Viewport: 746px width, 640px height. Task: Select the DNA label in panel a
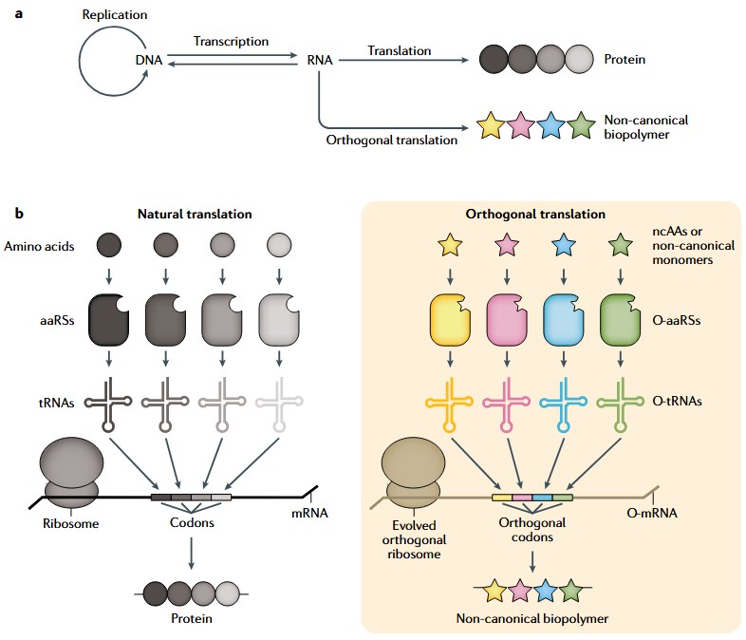click(149, 60)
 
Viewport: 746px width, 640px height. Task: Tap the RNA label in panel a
click(320, 60)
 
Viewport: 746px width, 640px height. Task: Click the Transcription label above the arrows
click(231, 42)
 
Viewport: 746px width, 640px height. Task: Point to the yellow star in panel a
click(490, 125)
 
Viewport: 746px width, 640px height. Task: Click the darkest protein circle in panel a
click(494, 60)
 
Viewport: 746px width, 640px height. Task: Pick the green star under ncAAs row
click(620, 248)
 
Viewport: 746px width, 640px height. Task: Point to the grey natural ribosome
click(71, 474)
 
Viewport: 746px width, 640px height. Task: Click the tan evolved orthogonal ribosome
click(413, 474)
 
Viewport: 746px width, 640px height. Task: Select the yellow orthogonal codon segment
click(502, 498)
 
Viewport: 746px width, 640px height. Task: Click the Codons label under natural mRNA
click(192, 522)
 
